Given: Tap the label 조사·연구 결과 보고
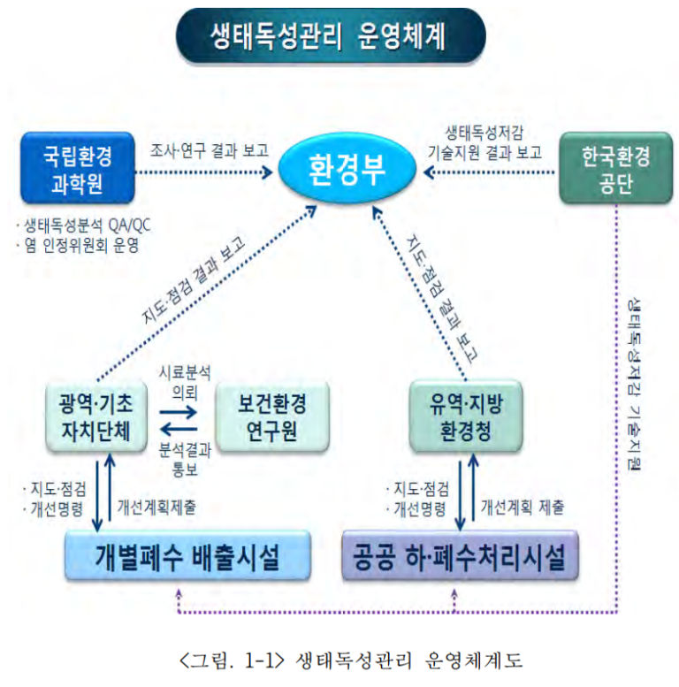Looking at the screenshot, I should tap(210, 149).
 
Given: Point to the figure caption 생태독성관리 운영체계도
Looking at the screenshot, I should tap(339, 660).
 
